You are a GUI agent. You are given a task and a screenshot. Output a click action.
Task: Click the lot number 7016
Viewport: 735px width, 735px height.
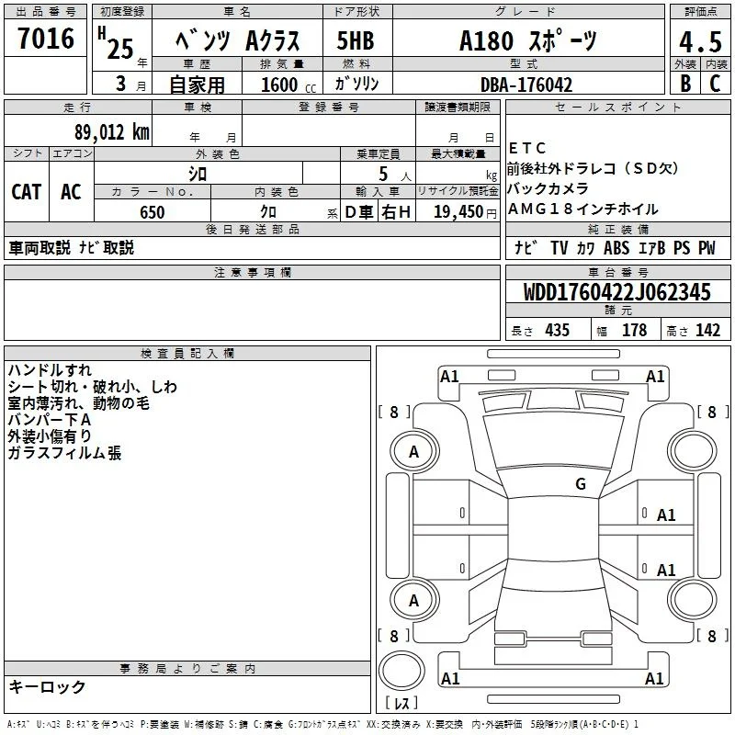[x=46, y=38]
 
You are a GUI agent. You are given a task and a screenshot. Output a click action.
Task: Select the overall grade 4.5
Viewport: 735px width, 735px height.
[x=700, y=41]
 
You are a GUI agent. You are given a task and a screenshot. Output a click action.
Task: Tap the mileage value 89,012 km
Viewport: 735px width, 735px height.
[x=111, y=132]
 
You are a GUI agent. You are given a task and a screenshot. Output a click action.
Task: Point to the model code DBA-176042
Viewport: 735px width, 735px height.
[x=526, y=85]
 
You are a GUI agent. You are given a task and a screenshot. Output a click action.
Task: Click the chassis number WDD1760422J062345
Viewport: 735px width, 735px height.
[x=616, y=292]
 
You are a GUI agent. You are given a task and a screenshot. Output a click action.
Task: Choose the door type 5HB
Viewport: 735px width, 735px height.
[x=356, y=40]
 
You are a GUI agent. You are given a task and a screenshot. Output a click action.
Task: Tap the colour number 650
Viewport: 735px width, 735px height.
[x=153, y=212]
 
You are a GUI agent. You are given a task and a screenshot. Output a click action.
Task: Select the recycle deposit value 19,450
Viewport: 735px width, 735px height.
[x=458, y=212]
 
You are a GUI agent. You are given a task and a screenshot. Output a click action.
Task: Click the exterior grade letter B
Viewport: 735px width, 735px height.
[x=685, y=84]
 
